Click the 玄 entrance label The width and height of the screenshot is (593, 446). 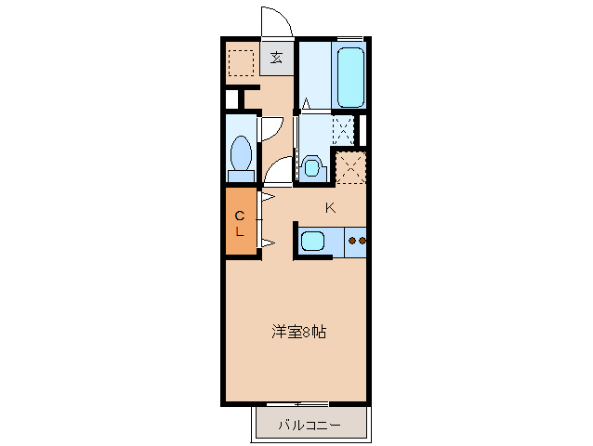tap(276, 58)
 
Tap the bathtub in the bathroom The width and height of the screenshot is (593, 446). tap(350, 75)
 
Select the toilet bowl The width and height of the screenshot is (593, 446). tap(242, 151)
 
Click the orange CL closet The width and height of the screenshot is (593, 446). tap(239, 221)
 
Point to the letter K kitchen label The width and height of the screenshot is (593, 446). tap(330, 208)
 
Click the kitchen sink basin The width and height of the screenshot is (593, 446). tap(312, 243)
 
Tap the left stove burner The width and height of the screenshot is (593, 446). tap(352, 242)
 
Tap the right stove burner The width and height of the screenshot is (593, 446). tap(362, 242)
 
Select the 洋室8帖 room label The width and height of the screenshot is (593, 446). tap(298, 331)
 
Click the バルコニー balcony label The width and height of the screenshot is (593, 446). tap(310, 426)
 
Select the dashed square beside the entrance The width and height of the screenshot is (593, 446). tap(242, 62)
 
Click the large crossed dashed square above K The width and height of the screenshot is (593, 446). tap(352, 167)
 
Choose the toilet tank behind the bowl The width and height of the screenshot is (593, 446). tap(242, 174)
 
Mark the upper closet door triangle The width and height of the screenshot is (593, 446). tap(266, 198)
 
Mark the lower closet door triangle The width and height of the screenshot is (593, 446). tap(266, 243)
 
